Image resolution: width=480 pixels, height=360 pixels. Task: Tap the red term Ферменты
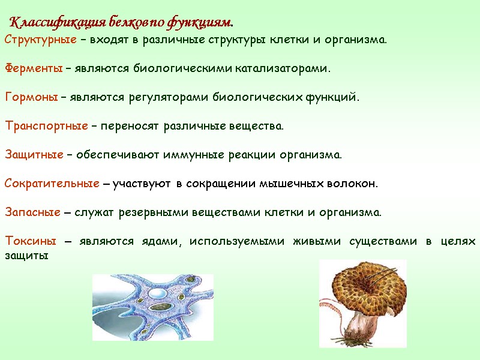pyautogui.click(x=34, y=69)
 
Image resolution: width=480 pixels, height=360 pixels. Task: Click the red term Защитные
pyautogui.click(x=34, y=155)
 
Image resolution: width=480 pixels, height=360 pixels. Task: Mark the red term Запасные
pyautogui.click(x=32, y=213)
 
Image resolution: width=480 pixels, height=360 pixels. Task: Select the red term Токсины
pyautogui.click(x=30, y=242)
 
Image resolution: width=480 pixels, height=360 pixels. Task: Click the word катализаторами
pyautogui.click(x=281, y=69)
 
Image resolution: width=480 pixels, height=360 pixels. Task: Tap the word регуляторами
pyautogui.click(x=177, y=98)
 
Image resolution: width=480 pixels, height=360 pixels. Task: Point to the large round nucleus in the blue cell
pyautogui.click(x=158, y=294)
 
